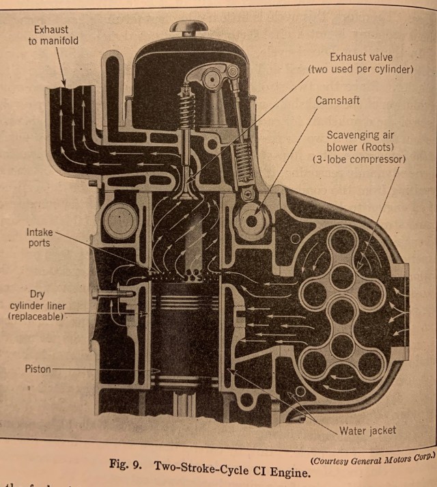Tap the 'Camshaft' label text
click(337, 100)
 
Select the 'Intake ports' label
click(40, 238)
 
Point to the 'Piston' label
click(38, 368)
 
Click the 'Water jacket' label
click(367, 430)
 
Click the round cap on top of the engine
click(189, 27)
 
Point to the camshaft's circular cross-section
click(251, 220)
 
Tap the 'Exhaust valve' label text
click(361, 57)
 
